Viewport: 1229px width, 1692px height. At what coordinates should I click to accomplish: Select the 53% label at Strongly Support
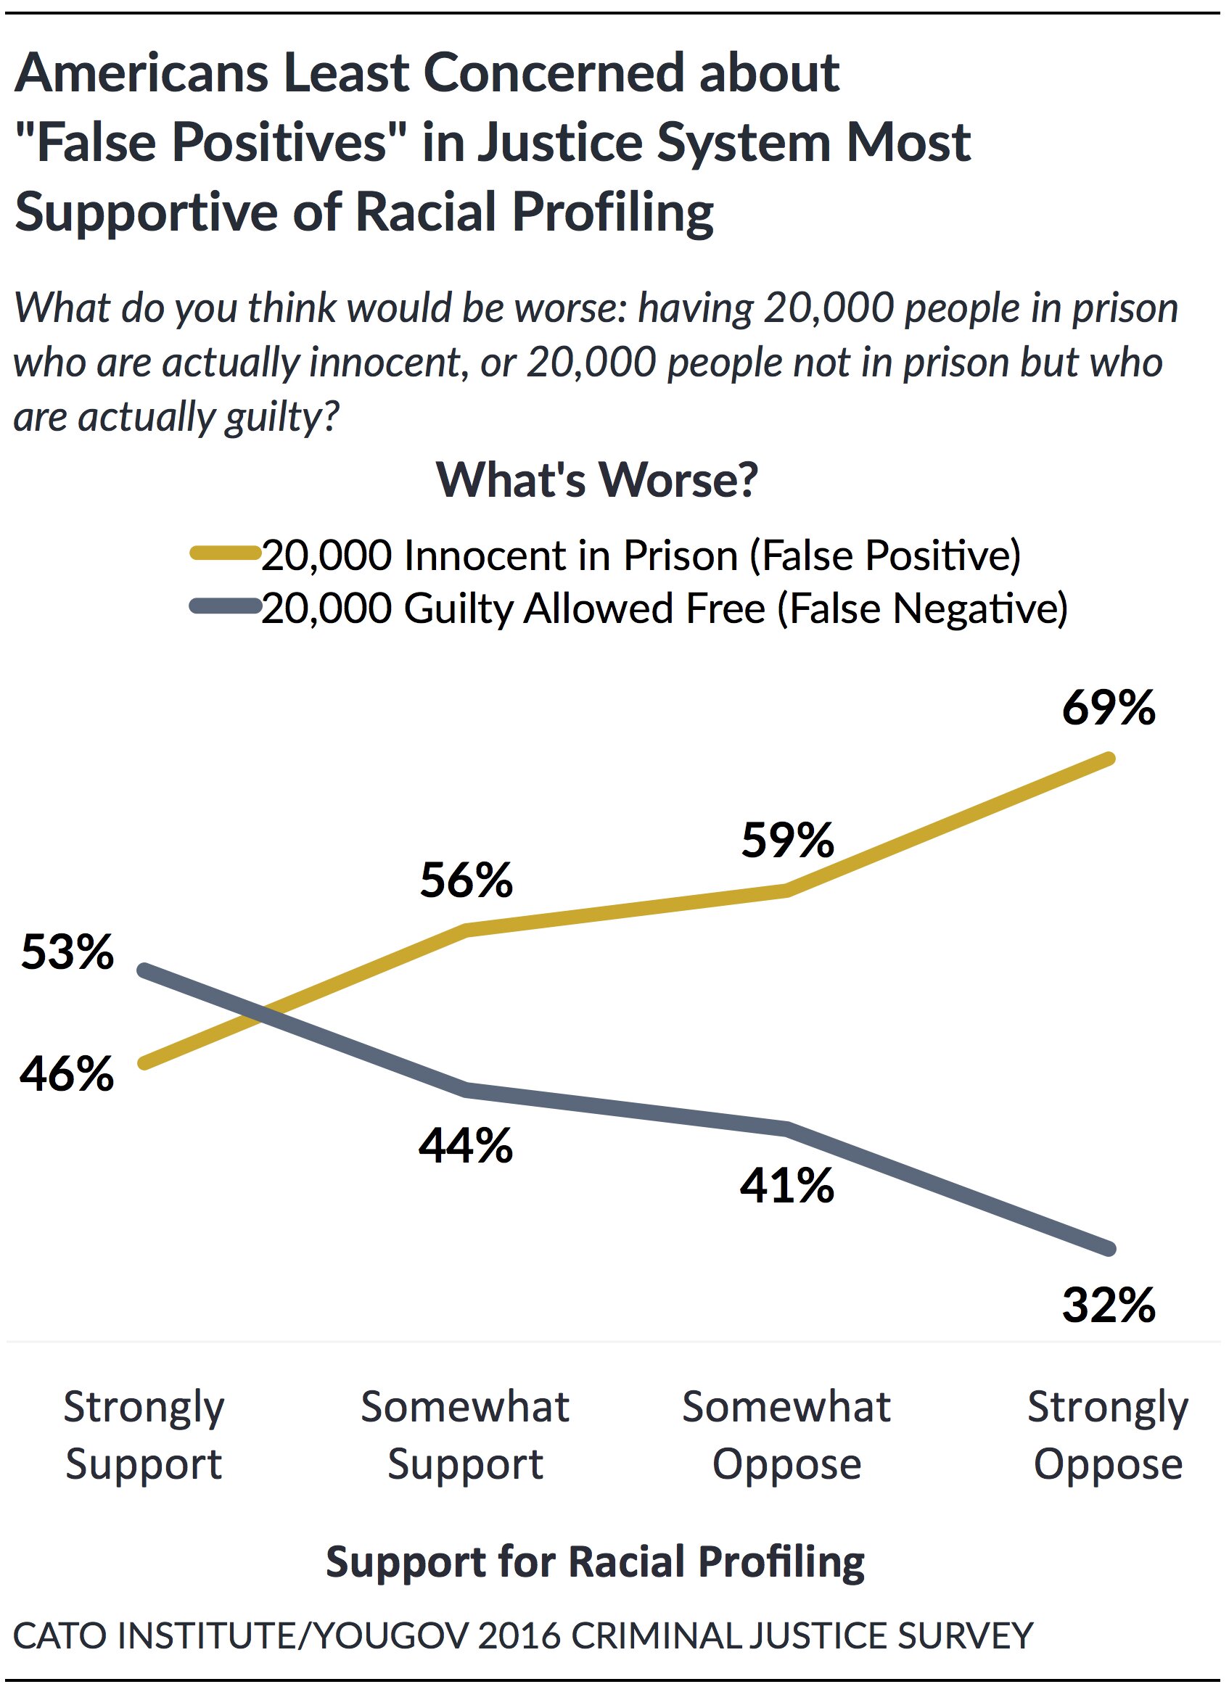click(67, 952)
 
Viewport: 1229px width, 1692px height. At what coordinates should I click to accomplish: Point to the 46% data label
click(67, 1074)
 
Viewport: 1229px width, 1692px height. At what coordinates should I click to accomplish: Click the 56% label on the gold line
click(466, 880)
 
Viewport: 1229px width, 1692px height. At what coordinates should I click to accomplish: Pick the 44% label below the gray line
click(466, 1145)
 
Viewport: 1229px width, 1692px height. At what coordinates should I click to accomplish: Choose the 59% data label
click(787, 840)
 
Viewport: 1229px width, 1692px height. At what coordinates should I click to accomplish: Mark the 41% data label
click(786, 1186)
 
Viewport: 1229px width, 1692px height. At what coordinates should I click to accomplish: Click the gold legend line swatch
click(225, 553)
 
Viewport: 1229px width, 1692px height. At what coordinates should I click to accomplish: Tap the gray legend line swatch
click(225, 606)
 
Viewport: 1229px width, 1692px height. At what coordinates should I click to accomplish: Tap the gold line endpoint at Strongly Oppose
click(1109, 758)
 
